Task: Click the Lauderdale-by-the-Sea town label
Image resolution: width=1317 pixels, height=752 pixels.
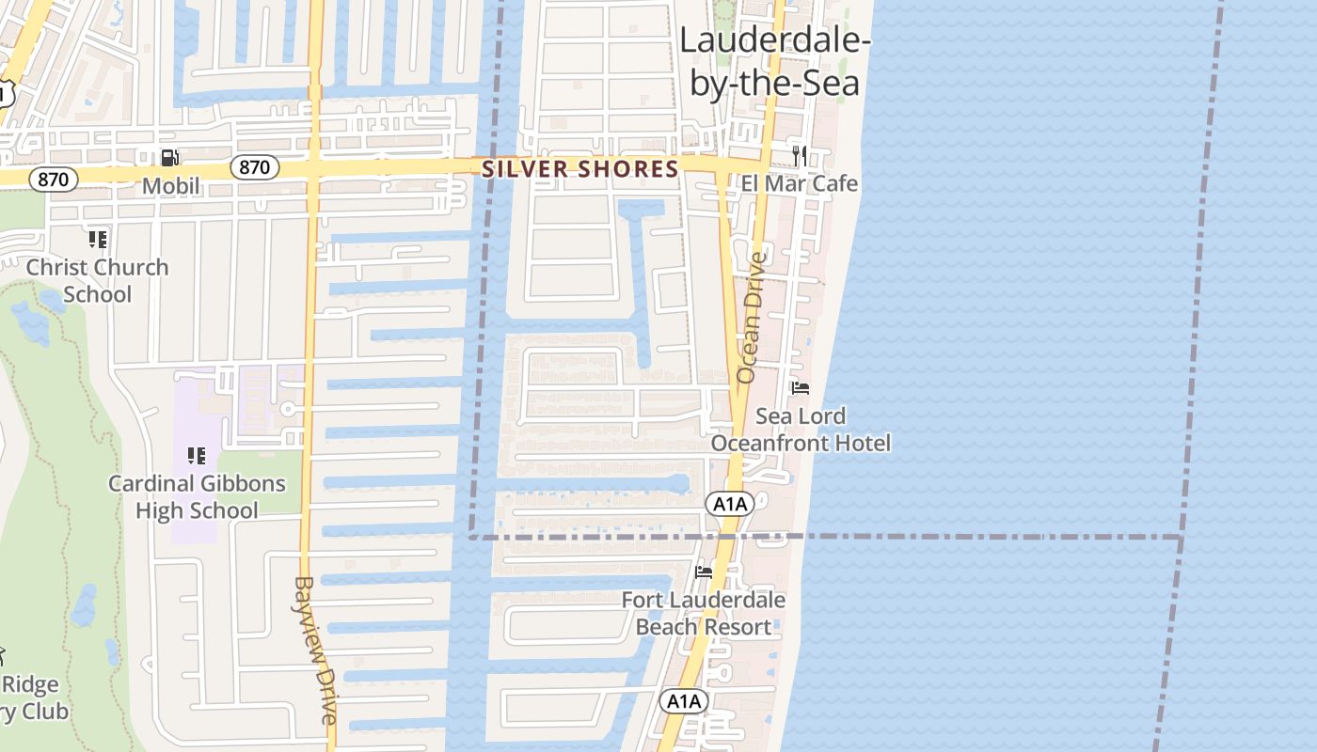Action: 774,62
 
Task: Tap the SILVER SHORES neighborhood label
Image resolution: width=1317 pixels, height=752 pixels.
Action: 579,169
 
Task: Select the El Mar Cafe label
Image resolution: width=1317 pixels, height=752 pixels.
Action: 799,183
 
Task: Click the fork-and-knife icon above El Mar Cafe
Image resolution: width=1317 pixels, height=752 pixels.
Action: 800,155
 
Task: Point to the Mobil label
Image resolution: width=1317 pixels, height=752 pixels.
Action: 171,186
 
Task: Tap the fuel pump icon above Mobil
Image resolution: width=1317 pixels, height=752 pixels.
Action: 170,158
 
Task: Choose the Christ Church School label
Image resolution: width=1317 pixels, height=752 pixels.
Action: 97,280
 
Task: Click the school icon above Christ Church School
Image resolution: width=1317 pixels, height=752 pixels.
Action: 97,239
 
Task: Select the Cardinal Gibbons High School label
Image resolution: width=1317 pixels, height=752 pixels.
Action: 197,497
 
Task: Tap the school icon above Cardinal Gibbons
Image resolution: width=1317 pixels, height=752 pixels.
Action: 197,456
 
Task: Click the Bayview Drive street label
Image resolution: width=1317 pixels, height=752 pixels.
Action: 315,649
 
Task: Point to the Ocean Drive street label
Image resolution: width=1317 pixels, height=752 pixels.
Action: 752,317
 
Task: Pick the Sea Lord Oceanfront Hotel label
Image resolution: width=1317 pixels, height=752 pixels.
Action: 801,429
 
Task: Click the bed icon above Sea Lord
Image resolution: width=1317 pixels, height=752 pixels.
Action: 801,387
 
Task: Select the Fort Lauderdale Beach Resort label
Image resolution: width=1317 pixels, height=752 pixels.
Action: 703,613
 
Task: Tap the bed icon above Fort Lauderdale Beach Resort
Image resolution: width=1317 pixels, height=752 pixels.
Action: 703,572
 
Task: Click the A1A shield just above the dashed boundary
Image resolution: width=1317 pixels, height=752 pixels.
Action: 730,504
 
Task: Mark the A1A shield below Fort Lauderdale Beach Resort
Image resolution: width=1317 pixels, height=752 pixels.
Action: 683,701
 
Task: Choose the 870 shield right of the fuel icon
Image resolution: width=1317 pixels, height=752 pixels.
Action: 254,168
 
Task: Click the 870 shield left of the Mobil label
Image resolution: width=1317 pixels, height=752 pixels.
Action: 53,179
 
